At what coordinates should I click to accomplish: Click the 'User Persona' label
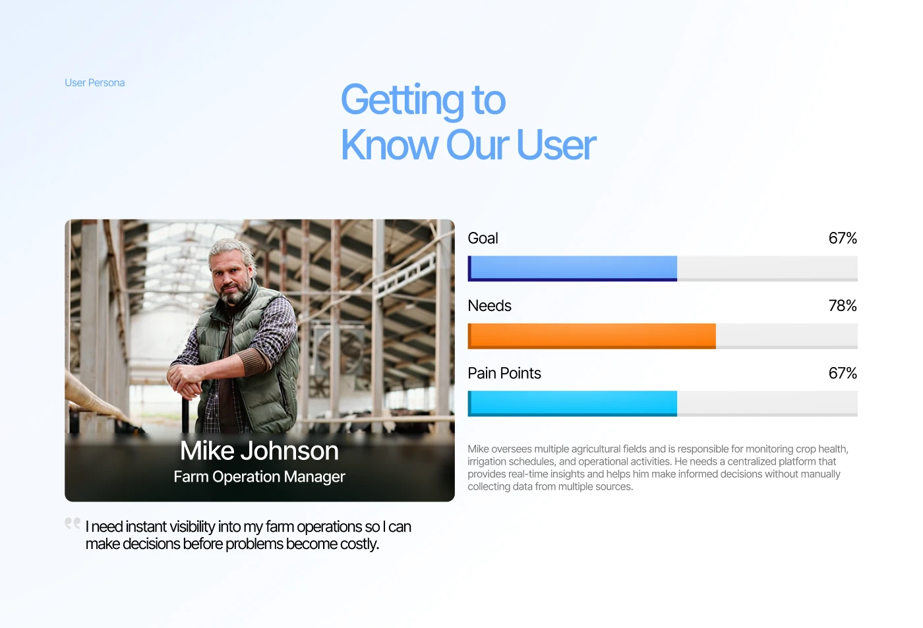click(94, 83)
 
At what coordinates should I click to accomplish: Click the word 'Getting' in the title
click(402, 100)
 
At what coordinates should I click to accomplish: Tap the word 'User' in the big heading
click(556, 144)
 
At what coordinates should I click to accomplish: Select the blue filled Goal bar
click(572, 268)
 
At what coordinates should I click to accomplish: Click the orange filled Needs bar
click(592, 336)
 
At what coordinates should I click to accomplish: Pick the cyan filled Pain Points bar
click(572, 403)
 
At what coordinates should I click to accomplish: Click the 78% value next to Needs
click(843, 306)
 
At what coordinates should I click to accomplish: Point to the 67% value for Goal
click(843, 238)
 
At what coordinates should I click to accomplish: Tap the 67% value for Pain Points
click(843, 373)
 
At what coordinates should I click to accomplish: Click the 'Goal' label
click(483, 238)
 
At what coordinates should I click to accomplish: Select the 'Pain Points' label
click(504, 373)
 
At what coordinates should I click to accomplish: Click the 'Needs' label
click(489, 306)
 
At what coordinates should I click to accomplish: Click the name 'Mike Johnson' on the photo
click(260, 451)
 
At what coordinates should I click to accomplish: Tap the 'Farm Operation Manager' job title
click(260, 476)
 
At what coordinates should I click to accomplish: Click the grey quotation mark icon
click(73, 523)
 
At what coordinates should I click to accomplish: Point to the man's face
click(231, 275)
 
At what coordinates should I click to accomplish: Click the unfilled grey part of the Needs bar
click(787, 336)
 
